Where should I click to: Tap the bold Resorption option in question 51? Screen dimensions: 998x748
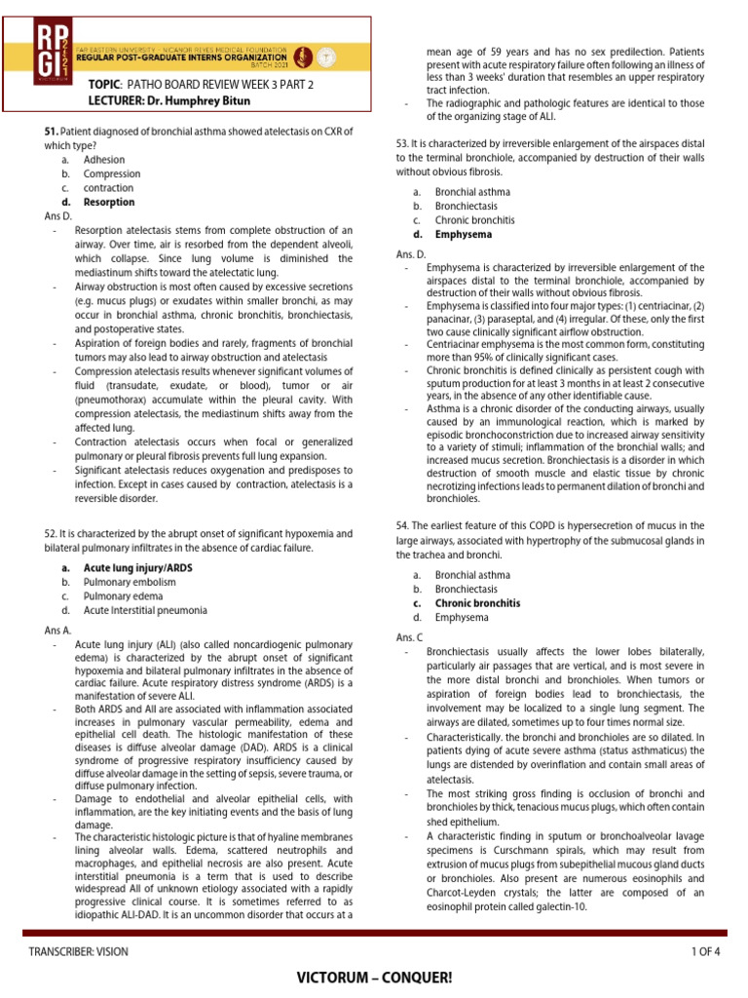(109, 202)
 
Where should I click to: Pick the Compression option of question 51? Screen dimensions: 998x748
(112, 173)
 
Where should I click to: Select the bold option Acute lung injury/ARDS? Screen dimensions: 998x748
(137, 567)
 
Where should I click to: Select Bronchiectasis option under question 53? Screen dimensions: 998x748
(466, 207)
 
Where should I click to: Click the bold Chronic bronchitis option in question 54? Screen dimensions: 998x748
(477, 603)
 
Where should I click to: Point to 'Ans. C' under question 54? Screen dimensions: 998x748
(409, 636)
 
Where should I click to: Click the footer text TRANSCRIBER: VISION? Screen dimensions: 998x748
(78, 951)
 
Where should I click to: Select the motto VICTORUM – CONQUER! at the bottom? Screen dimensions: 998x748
(374, 978)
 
